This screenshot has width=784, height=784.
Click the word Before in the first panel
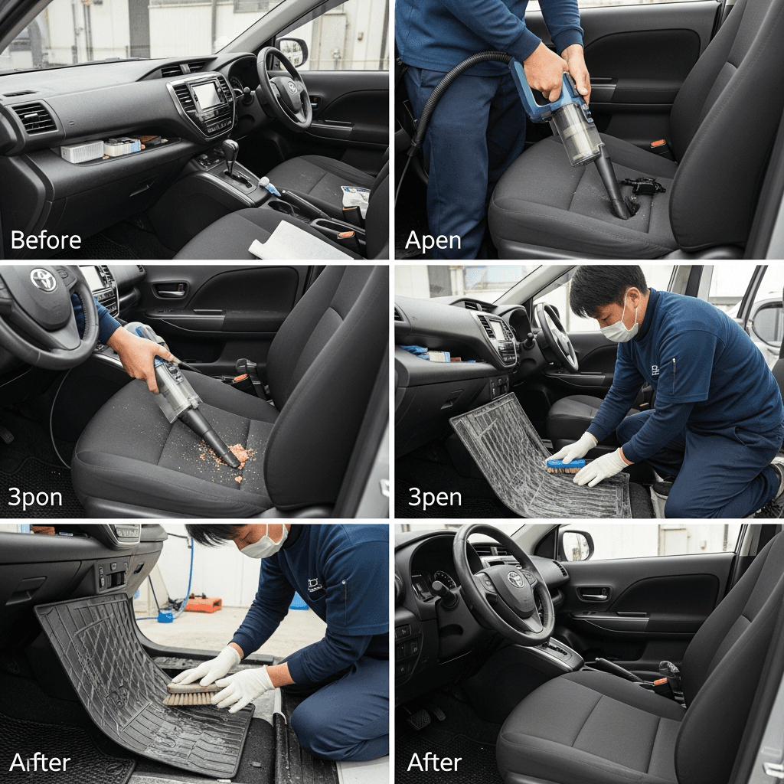45,240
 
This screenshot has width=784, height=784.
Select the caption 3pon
35,498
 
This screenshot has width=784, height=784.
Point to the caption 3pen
435,498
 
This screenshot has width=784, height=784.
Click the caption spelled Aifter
40,763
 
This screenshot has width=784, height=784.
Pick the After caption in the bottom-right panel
434,763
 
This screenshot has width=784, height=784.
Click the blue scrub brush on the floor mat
566,466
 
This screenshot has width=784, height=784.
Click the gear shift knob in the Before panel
230,149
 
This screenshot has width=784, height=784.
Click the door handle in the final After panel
594,594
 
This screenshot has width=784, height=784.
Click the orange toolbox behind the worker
203,603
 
